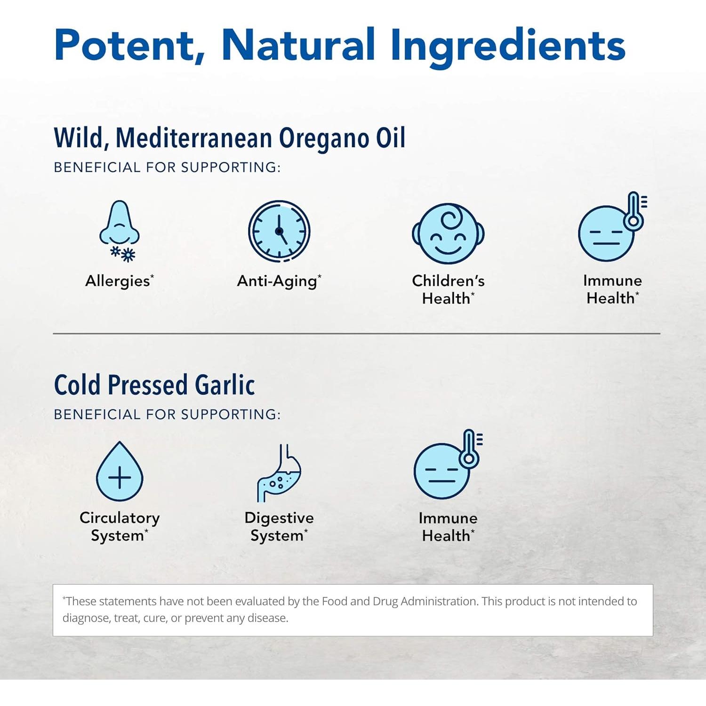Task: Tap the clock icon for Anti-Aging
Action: pyautogui.click(x=279, y=231)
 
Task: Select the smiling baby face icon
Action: pyautogui.click(x=448, y=233)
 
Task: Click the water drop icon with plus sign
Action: pyautogui.click(x=120, y=472)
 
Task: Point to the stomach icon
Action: pyautogui.click(x=280, y=473)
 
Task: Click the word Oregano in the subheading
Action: pyautogui.click(x=324, y=138)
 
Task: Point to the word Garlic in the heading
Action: pyautogui.click(x=225, y=385)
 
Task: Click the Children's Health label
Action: pyautogui.click(x=448, y=289)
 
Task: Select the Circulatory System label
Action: pyautogui.click(x=120, y=527)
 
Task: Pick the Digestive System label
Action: pyautogui.click(x=279, y=527)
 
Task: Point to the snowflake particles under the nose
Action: pyautogui.click(x=123, y=254)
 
